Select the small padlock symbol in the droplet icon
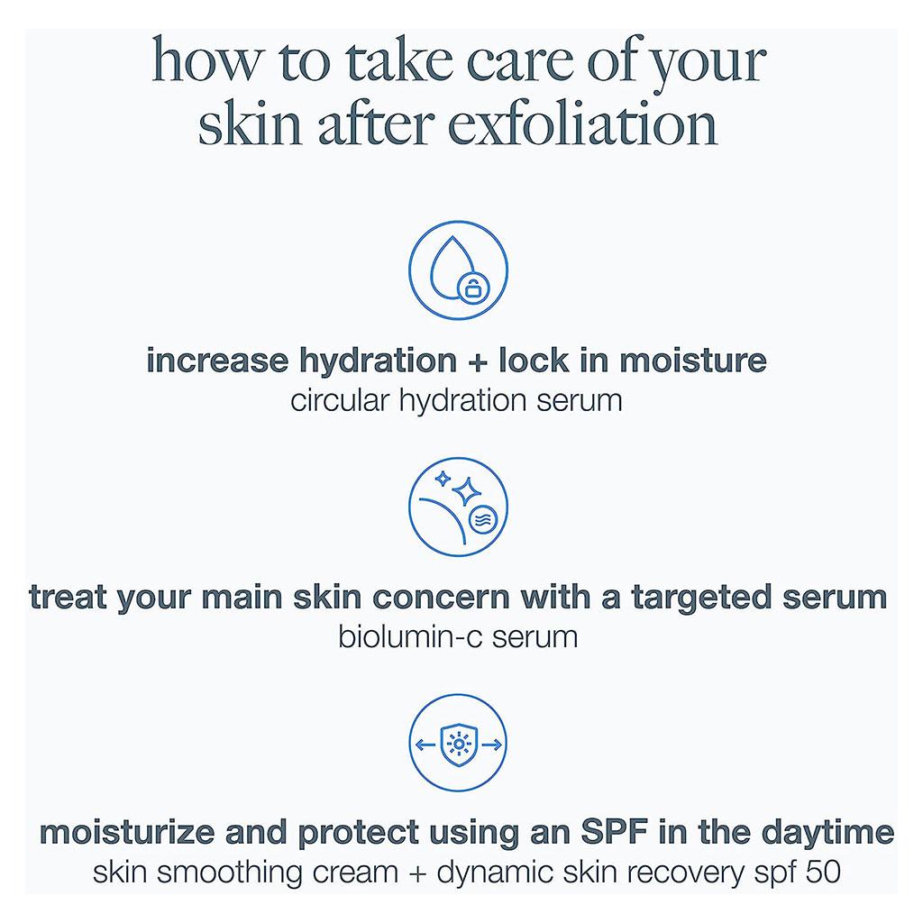pyautogui.click(x=471, y=288)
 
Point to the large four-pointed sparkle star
pyautogui.click(x=466, y=492)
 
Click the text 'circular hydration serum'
pyautogui.click(x=456, y=399)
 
